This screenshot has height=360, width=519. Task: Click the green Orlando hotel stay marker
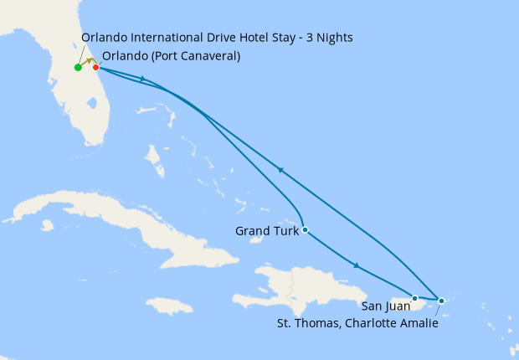[78, 68]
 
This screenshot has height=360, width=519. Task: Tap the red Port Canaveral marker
[95, 68]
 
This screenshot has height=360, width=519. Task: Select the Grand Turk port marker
[306, 229]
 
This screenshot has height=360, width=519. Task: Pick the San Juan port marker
[414, 298]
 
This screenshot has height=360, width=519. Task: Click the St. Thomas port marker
[441, 299]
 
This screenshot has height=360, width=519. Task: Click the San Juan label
[386, 306]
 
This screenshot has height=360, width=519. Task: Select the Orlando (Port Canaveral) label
[171, 56]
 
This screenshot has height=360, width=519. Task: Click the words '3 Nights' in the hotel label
[329, 38]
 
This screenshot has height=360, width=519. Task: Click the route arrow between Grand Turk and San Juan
[357, 266]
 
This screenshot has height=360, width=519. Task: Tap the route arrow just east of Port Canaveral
[146, 80]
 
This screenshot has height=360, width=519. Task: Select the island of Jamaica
[171, 306]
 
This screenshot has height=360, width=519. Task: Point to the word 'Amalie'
[419, 321]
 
